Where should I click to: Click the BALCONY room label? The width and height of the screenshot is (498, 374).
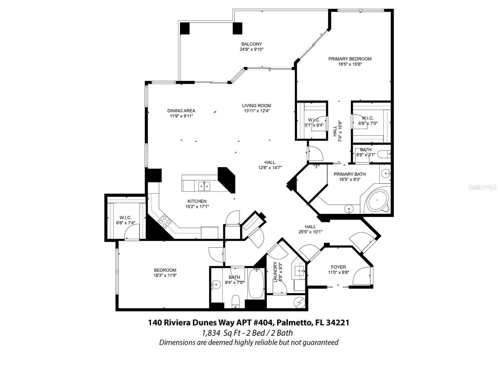pyautogui.click(x=251, y=44)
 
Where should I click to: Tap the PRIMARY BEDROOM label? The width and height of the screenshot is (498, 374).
pyautogui.click(x=350, y=59)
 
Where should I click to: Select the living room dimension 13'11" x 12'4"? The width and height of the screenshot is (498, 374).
pyautogui.click(x=256, y=111)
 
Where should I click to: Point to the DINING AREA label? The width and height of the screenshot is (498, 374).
pyautogui.click(x=181, y=111)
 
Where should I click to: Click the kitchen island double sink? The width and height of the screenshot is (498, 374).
pyautogui.click(x=204, y=186)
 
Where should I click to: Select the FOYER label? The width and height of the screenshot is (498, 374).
pyautogui.click(x=338, y=267)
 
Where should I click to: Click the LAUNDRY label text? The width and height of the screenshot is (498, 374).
pyautogui.click(x=275, y=272)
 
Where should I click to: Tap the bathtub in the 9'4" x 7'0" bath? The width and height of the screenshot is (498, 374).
pyautogui.click(x=256, y=283)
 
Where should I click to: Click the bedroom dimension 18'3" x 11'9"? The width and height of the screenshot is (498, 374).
pyautogui.click(x=165, y=276)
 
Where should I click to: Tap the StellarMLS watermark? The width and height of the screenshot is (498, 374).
pyautogui.click(x=482, y=187)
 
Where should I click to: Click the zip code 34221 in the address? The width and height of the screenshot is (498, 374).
pyautogui.click(x=338, y=323)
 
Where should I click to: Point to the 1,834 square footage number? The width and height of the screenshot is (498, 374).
pyautogui.click(x=211, y=333)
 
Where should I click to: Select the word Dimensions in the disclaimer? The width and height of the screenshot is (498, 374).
pyautogui.click(x=177, y=343)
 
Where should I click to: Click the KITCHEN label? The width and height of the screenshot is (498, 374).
pyautogui.click(x=197, y=201)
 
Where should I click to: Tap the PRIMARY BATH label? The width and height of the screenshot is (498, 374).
pyautogui.click(x=350, y=174)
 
